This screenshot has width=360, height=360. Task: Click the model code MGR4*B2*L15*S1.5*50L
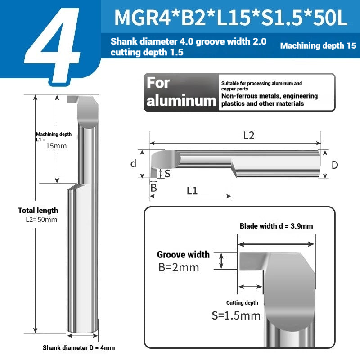231,18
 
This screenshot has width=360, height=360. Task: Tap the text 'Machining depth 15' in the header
318,45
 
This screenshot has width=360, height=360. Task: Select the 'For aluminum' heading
181,92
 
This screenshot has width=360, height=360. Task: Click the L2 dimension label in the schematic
249,135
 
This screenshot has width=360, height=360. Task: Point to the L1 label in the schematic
192,190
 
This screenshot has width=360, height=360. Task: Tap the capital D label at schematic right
334,165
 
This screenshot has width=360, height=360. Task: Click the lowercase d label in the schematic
133,163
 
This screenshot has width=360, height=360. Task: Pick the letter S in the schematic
167,173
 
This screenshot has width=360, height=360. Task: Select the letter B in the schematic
153,188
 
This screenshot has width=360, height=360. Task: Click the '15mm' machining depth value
56,146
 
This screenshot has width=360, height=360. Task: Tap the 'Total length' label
38,210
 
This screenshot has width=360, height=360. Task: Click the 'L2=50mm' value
41,220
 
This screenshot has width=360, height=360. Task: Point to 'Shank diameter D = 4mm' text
79,348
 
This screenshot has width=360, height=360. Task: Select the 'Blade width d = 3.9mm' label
276,226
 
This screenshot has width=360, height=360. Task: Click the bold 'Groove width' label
183,255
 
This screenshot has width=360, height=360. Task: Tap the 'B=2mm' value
179,267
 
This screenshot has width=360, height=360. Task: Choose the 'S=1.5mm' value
236,315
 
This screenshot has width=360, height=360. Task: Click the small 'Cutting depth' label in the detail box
242,303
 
